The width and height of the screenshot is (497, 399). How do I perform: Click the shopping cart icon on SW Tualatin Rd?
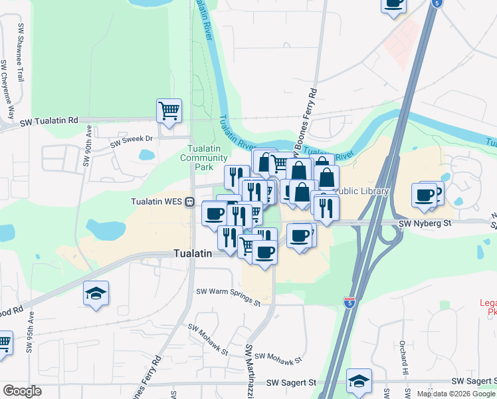pos(169,110)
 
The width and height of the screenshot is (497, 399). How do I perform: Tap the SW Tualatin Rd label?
pos(49,121)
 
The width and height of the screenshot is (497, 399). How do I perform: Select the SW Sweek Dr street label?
pos(132,141)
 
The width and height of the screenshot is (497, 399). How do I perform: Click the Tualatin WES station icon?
pos(189,201)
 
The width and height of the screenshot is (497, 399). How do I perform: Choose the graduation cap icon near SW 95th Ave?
pos(96,293)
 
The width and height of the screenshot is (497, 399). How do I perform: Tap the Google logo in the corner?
pos(22,390)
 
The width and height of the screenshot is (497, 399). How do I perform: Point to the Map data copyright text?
pos(456,394)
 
